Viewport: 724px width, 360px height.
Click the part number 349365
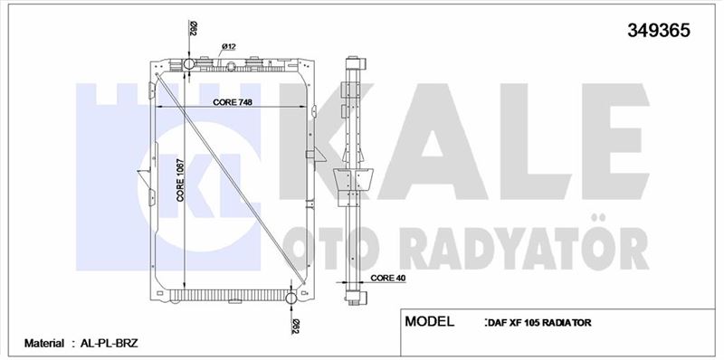pos(659,31)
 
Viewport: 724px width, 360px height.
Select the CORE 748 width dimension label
pos(233,102)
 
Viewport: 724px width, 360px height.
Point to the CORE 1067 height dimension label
pos(180,180)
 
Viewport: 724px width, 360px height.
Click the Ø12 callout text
pos(229,46)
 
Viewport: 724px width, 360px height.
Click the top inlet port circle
pos(189,63)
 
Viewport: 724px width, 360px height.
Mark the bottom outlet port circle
pos(291,298)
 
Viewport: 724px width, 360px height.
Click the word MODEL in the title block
pos(429,321)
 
